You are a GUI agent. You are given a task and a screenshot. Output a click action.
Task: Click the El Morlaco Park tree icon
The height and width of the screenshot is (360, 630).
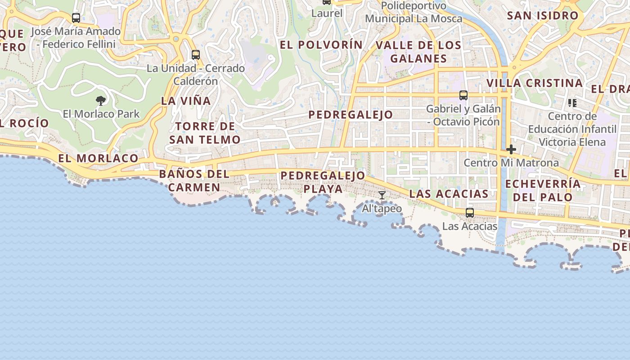tap(101, 100)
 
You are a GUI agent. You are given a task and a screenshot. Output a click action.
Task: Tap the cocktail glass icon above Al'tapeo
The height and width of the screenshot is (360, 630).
tap(382, 195)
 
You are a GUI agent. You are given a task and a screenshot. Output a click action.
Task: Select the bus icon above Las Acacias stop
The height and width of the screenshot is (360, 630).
tap(470, 213)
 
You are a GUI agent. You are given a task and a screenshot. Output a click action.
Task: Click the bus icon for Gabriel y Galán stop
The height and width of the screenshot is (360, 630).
tap(463, 95)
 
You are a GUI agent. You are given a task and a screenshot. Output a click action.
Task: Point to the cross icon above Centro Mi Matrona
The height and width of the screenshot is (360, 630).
tap(511, 149)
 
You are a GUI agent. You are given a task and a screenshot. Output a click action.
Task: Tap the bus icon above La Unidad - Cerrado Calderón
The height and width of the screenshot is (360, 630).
tap(196, 55)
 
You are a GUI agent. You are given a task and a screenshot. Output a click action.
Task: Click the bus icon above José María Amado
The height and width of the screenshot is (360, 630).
tap(76, 18)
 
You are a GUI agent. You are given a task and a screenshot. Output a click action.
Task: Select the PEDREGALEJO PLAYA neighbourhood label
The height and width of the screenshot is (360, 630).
tap(323, 182)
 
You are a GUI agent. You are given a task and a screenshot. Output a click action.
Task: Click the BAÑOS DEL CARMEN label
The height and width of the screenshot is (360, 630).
tap(194, 180)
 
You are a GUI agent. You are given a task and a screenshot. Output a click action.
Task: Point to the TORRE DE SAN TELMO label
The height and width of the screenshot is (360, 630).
tap(205, 133)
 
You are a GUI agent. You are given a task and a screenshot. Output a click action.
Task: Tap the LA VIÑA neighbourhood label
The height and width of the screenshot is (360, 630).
tap(186, 101)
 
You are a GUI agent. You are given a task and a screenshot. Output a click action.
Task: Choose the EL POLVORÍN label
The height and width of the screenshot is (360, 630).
tap(321, 45)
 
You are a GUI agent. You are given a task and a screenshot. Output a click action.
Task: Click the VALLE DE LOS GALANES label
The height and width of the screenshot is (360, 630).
tap(418, 52)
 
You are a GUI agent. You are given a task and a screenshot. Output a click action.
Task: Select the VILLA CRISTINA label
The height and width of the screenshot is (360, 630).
tap(535, 83)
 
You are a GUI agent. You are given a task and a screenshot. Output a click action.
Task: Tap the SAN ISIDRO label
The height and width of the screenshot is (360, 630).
tap(542, 15)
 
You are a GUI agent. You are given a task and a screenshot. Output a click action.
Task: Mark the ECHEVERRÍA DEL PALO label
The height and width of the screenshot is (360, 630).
tap(543, 190)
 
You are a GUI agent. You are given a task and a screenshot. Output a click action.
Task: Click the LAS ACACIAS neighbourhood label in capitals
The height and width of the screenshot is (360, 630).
tap(449, 193)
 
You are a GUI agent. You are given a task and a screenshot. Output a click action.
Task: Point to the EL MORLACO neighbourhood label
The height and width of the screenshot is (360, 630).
tap(98, 158)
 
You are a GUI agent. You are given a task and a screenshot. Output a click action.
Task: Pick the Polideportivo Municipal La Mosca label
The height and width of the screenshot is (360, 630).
tap(413, 12)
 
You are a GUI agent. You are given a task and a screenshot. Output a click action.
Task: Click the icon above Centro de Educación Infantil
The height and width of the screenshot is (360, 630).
tap(572, 103)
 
